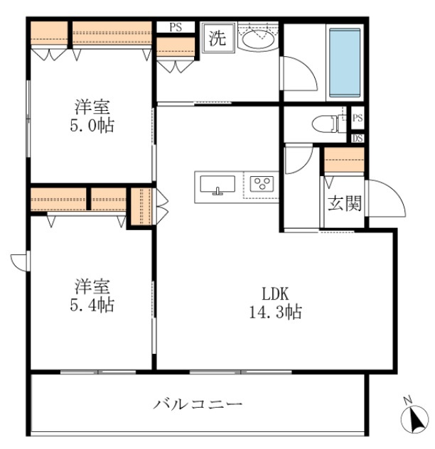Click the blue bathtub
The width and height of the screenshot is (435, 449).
[x=346, y=62]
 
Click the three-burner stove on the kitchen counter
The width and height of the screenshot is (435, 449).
[x=260, y=185]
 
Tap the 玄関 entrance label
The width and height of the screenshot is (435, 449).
[x=344, y=204]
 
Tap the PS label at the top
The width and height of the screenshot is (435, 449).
[x=176, y=28]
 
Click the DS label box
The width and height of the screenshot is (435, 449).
[x=357, y=138]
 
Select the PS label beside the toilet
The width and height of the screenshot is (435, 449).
[x=357, y=118]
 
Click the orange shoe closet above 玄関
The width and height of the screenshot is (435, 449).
[x=344, y=161]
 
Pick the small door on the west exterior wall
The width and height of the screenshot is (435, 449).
[x=19, y=261]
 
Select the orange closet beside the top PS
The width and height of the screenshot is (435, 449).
[x=176, y=47]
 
